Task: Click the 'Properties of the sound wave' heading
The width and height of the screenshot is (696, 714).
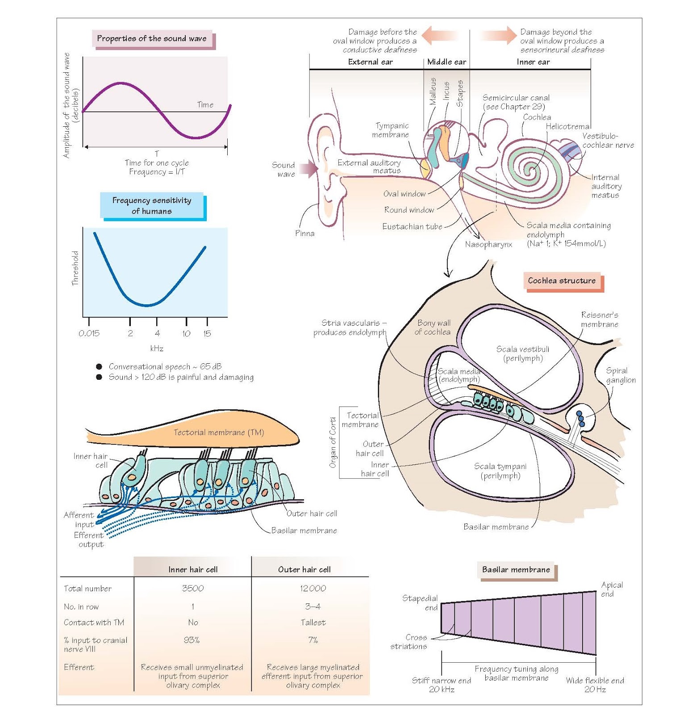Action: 152,38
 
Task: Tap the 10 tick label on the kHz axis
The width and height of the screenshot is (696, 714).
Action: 186,333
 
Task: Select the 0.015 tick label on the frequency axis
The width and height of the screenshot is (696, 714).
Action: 89,333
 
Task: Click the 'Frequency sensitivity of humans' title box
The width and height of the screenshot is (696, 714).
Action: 152,206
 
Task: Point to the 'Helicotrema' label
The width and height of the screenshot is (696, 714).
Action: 567,126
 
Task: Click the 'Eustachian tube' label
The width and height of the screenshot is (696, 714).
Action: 412,227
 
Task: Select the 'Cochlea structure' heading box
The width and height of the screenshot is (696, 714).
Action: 562,281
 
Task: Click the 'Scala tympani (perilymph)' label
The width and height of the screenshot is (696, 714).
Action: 500,471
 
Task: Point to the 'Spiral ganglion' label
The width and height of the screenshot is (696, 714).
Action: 621,375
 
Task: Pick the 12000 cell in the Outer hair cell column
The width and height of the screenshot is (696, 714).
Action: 313,589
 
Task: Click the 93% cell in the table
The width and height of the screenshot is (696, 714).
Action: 192,640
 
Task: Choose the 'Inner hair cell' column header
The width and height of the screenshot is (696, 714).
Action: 193,569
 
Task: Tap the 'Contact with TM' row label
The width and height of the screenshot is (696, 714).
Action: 94,623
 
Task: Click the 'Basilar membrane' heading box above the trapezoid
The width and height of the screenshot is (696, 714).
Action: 516,570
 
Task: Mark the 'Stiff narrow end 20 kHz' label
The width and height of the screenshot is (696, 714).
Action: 442,685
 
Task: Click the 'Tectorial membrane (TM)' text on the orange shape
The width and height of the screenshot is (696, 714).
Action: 219,432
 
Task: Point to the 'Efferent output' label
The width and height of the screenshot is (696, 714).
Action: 89,540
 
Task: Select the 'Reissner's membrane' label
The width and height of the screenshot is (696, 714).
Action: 600,320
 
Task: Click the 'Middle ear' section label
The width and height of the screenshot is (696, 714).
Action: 446,62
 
